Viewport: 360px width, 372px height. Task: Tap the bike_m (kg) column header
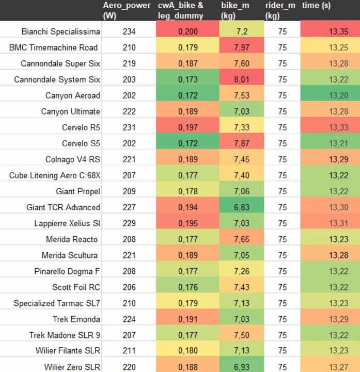[235, 10]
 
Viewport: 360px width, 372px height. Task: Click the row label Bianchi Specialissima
[61, 32]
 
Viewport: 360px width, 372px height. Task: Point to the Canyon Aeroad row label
[73, 96]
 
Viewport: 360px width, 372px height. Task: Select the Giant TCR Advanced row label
[63, 207]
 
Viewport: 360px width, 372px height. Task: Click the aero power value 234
[129, 32]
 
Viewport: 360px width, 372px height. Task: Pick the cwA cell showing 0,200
[187, 32]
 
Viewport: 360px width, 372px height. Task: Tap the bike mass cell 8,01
[241, 80]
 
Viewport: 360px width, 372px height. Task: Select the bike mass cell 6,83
[241, 207]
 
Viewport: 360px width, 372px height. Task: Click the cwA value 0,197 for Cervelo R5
[187, 128]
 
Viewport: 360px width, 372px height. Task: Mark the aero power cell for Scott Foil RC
[129, 287]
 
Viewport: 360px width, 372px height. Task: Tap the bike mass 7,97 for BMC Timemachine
[241, 48]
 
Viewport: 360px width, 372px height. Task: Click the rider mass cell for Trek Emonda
[283, 319]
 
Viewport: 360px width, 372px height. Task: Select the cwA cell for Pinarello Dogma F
[187, 271]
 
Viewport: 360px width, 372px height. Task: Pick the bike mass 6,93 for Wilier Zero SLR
[241, 367]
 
